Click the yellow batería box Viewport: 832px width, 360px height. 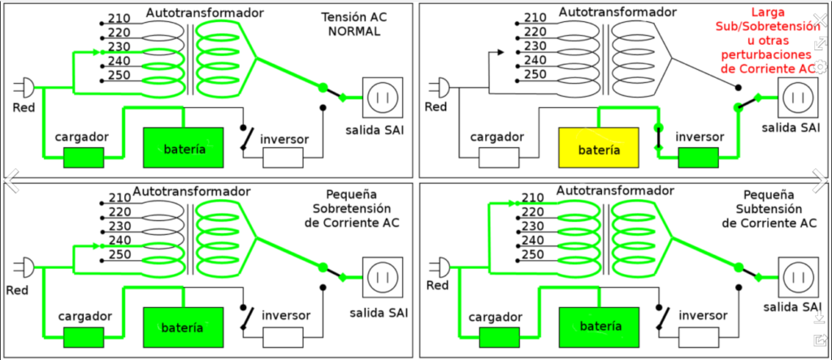(x=599, y=150)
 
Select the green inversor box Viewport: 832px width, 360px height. (x=699, y=157)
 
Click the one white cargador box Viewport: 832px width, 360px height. (x=499, y=157)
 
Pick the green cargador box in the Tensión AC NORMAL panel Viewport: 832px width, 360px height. (x=84, y=157)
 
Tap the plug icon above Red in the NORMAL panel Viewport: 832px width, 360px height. (x=27, y=86)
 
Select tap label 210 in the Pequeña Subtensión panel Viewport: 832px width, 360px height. (x=533, y=198)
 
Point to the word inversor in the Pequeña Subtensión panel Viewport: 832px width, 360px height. (x=703, y=315)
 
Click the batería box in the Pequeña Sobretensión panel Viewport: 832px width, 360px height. (x=184, y=327)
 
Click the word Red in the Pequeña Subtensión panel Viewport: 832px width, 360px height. (x=437, y=285)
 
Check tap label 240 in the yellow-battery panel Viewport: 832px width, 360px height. (x=533, y=60)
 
